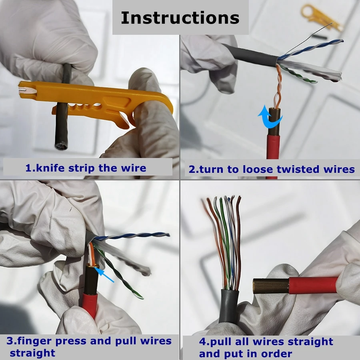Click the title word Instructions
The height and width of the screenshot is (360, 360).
[180, 18]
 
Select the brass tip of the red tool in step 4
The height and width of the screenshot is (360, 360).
[270, 286]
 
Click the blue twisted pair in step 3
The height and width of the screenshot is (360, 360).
[132, 236]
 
